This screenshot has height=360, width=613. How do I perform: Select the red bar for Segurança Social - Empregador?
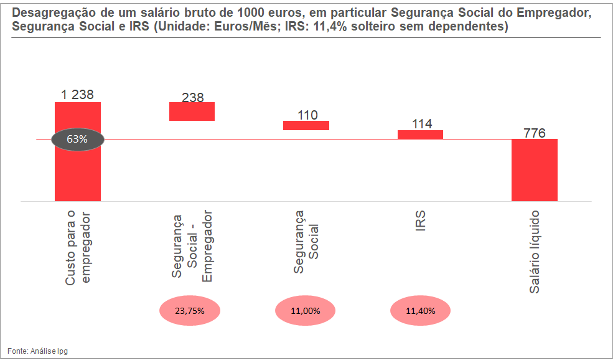(192, 111)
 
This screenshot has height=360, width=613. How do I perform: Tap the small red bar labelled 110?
(306, 126)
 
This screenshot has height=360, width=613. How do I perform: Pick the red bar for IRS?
(420, 135)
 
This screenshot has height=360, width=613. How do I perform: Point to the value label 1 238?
(77, 95)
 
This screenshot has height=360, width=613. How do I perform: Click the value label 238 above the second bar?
(193, 97)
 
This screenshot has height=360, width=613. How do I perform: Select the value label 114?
(421, 124)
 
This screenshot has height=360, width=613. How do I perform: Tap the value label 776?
(535, 133)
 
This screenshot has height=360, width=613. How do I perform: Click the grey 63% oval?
(77, 139)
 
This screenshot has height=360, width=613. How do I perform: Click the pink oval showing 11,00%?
(305, 310)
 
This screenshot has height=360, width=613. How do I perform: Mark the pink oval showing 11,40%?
(421, 310)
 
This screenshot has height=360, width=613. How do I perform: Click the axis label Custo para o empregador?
(78, 248)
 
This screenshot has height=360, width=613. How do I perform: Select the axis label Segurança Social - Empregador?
(192, 247)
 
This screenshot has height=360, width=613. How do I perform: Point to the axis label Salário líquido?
(535, 252)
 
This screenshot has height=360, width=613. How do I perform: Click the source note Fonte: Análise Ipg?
(38, 351)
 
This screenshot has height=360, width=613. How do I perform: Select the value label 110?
(307, 115)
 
